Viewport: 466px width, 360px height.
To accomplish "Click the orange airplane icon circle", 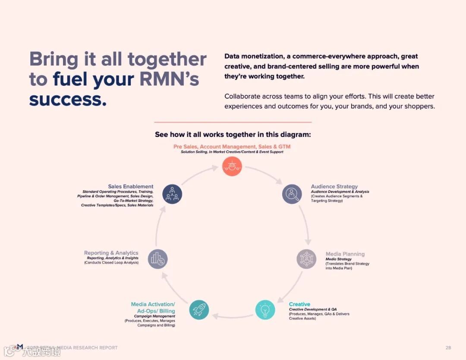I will [232, 166].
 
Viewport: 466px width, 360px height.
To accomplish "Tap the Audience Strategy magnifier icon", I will [292, 194].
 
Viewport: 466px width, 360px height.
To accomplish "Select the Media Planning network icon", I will [306, 259].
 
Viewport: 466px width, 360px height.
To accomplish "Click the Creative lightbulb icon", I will [265, 309].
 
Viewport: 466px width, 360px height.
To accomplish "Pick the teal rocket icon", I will [199, 309].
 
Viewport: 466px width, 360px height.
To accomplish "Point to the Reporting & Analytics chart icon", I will [157, 259].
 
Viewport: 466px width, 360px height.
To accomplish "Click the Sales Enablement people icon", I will [172, 194].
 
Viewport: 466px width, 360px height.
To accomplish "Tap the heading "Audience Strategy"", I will [334, 186].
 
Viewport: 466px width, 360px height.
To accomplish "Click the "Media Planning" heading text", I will [345, 254].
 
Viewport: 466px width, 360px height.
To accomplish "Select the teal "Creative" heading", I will [299, 304].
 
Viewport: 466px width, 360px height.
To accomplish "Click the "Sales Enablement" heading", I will [131, 186].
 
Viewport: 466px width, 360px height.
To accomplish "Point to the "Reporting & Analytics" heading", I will [111, 253].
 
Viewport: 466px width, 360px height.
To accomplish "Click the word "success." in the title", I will [68, 99].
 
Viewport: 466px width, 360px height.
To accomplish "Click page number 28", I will [448, 347].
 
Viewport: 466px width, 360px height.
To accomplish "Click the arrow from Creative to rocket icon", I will [232, 316].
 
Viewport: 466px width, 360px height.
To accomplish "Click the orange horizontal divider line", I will [233, 122].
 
